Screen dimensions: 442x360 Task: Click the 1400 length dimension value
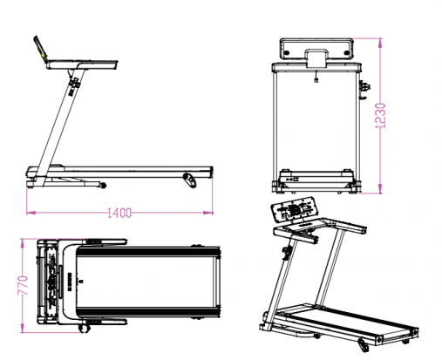coord(119,213)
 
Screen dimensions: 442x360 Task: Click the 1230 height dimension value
coord(380,115)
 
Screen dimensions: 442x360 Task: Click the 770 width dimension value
coord(23,286)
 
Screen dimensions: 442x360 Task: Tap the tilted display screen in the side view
coord(40,50)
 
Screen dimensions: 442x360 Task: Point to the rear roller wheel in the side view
coord(190,180)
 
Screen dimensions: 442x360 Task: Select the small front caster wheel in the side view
coord(103,185)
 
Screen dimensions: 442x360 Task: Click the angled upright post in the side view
coord(60,126)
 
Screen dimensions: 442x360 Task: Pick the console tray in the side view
coord(82,65)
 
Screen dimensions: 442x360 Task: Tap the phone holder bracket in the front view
coord(316,58)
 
